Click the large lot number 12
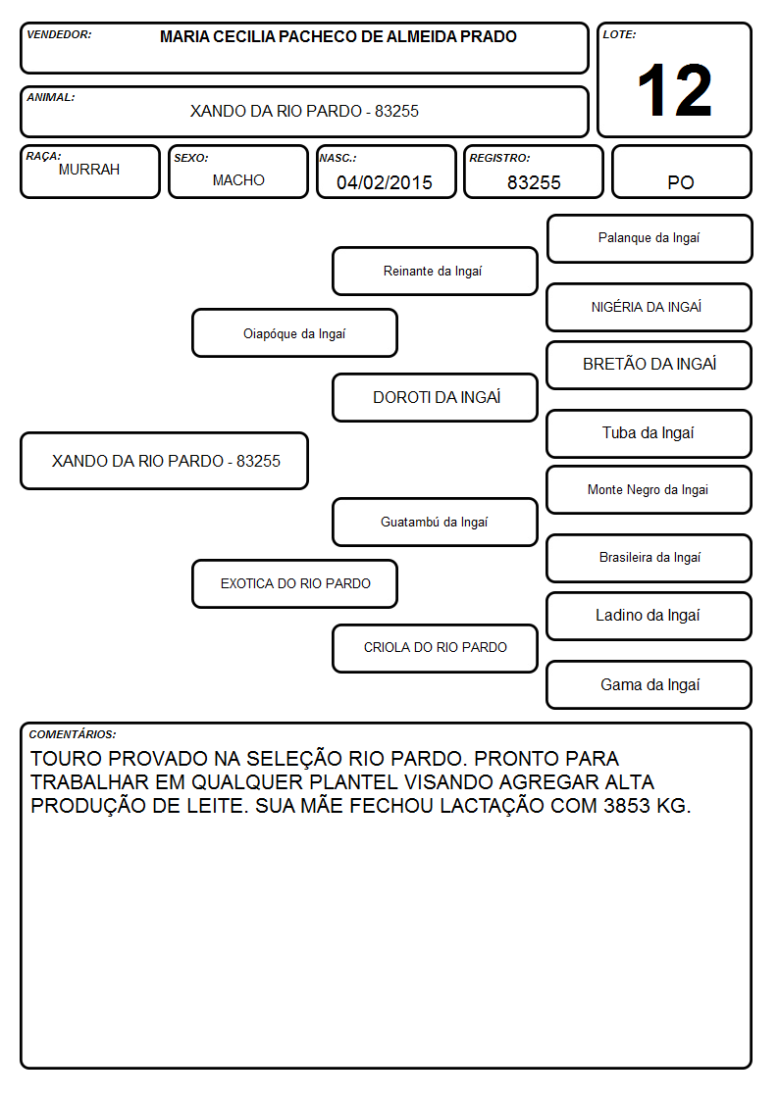674,90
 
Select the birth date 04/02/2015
385,182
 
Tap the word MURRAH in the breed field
89,170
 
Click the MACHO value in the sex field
238,179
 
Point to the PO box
681,172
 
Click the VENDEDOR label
59,34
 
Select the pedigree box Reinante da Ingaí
435,271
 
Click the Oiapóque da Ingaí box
295,332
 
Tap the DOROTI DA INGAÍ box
435,397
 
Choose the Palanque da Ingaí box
649,239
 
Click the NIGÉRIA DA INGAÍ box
649,307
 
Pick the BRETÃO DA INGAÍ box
649,365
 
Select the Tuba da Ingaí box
649,434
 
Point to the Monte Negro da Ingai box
649,489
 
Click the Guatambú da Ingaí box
435,522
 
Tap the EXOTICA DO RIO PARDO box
295,583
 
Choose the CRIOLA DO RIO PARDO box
435,648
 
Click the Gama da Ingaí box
649,684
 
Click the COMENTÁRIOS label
73,734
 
